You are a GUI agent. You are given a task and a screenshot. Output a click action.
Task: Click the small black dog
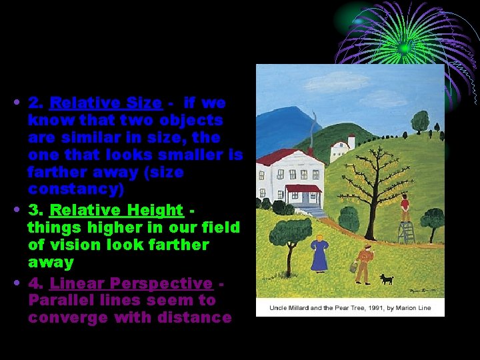coord(386,279)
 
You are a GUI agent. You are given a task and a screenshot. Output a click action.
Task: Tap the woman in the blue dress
coord(319,252)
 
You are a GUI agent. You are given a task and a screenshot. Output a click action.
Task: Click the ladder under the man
coord(405,232)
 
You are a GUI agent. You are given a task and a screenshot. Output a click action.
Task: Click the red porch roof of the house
coord(303,188)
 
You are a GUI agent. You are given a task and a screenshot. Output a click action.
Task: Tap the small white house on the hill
coord(341,149)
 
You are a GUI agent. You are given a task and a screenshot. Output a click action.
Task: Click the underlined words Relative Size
coord(106,103)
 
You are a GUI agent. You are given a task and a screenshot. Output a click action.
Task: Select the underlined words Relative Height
coord(116,210)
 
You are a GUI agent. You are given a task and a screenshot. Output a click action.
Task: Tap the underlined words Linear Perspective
coord(131,283)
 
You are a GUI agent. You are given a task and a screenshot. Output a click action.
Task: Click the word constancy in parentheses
coord(76,189)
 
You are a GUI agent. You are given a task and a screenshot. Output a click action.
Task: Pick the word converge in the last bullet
coord(67,317)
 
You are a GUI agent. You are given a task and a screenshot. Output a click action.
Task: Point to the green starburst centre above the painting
coord(405,48)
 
